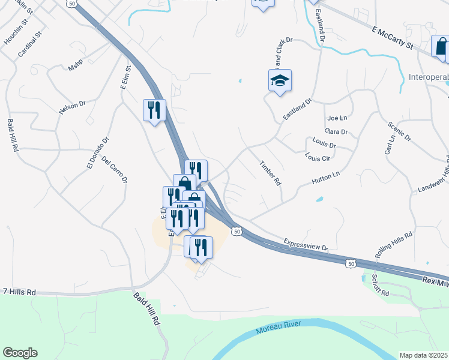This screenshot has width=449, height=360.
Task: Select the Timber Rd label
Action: click(270, 172)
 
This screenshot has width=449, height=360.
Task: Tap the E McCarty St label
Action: click(393, 37)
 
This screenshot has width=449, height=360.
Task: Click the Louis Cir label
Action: click(318, 158)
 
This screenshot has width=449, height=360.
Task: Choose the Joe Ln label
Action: click(339, 118)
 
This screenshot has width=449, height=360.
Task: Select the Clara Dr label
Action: click(336, 131)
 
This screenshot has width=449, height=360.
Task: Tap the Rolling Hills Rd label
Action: click(394, 245)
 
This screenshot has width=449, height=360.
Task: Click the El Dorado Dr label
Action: click(97, 154)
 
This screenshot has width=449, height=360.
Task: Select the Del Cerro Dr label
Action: click(115, 170)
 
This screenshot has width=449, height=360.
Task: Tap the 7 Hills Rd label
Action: click(19, 292)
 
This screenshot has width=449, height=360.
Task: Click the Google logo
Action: click(20, 352)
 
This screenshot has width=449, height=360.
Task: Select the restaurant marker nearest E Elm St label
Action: click(154, 110)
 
